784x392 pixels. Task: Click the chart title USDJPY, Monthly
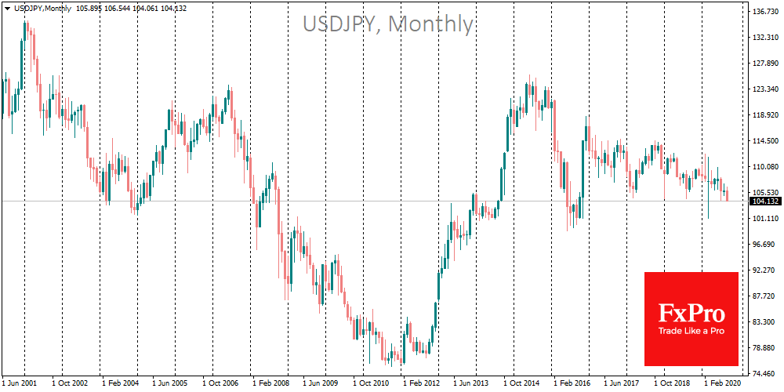[x=388, y=24]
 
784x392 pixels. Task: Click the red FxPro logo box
[x=691, y=318]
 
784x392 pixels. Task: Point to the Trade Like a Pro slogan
[x=691, y=332]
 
